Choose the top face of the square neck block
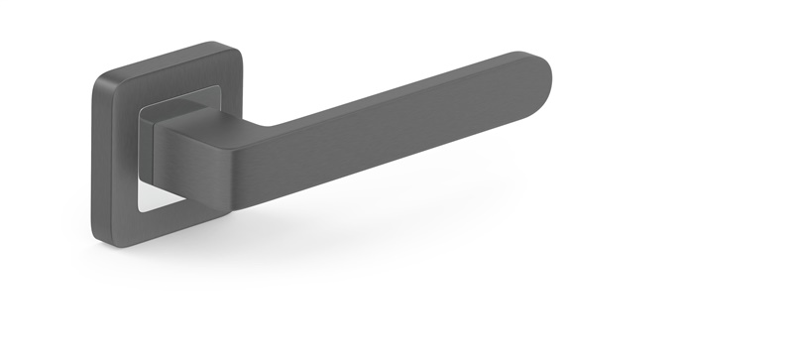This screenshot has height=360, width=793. click(x=188, y=115)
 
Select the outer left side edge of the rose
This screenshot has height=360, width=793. click(x=95, y=159)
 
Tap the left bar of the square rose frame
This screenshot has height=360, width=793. click(x=116, y=159)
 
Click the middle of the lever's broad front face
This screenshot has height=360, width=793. click(x=396, y=129)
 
